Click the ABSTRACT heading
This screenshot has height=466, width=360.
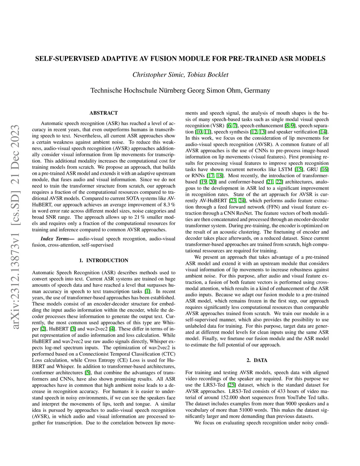click(103, 113)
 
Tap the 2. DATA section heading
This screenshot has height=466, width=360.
click(257, 360)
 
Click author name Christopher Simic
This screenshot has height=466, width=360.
click(157, 75)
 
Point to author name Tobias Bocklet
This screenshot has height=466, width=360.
click(208, 75)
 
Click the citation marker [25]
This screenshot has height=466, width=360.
click(231, 385)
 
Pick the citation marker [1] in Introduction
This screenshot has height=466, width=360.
click(148, 291)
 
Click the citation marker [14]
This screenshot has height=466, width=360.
click(323, 132)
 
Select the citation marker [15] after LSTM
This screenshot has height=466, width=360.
click(298, 169)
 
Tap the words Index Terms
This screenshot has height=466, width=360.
click(54, 238)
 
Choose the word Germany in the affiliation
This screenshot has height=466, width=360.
click(257, 90)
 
